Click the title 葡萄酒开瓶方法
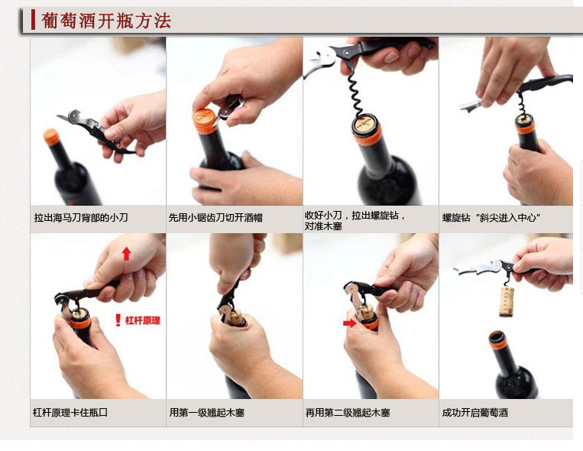106,21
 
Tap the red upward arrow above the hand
127,254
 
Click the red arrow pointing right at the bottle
349,323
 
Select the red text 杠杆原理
143,320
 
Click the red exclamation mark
118,320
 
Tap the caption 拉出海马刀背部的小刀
81,217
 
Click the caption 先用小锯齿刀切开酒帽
215,217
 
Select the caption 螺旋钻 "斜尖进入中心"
491,217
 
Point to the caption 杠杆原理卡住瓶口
70,412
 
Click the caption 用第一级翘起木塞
207,412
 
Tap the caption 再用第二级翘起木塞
348,412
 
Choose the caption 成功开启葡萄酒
474,412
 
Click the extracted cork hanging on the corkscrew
507,301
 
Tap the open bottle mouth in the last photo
497,338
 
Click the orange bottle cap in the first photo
51,137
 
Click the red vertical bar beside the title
33,20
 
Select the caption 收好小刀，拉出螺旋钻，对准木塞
355,220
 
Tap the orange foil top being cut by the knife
205,120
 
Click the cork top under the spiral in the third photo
364,122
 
